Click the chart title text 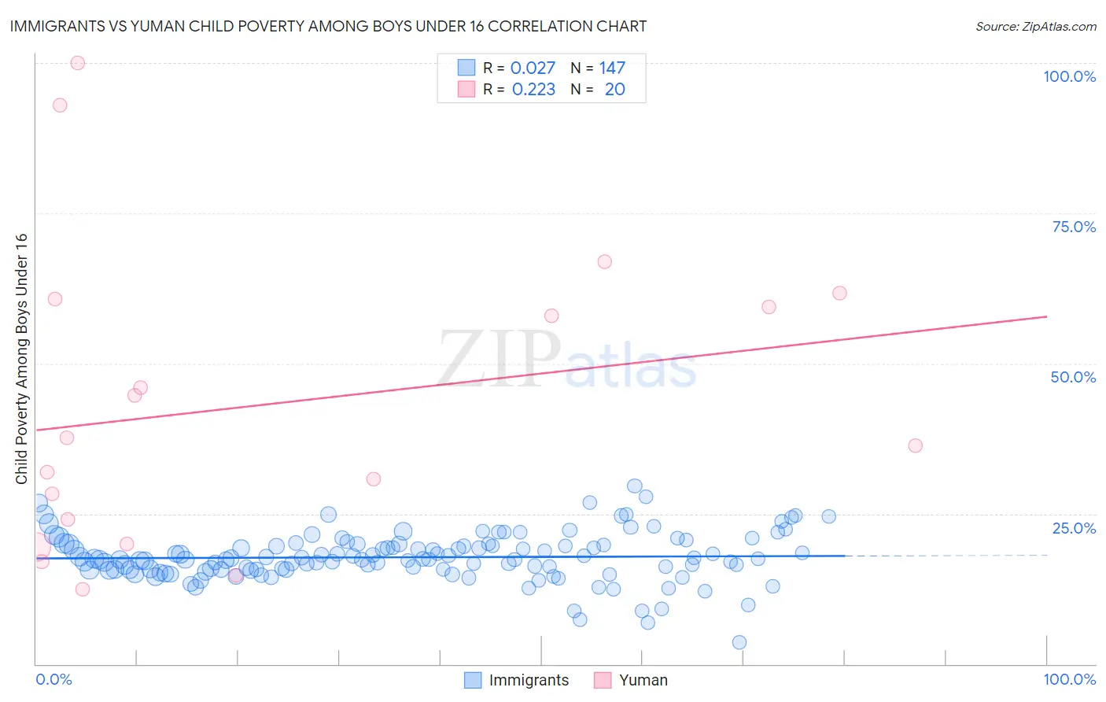(328, 26)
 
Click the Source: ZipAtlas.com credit (1035, 27)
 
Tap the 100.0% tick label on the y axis (1069, 76)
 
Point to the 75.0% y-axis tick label (1074, 227)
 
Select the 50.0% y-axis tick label (1073, 377)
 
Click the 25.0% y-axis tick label (1074, 527)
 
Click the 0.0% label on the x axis (53, 679)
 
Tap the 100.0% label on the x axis (1069, 679)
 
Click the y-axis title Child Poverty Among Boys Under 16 (21, 359)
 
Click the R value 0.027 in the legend (533, 68)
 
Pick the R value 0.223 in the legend (533, 90)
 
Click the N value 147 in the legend (612, 68)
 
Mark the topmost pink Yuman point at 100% (77, 63)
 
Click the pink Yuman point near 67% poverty (604, 262)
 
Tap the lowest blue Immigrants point (739, 642)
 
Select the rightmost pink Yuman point (915, 445)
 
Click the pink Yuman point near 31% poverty (374, 479)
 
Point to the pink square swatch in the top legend (466, 89)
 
